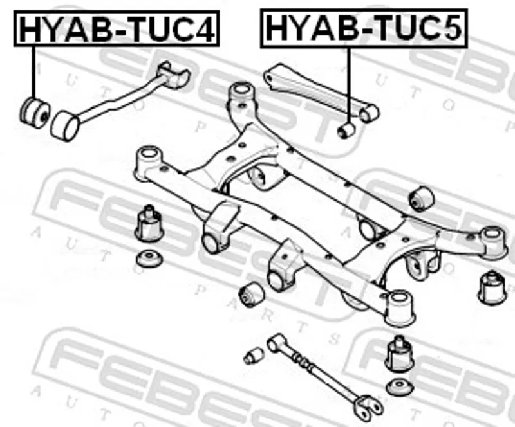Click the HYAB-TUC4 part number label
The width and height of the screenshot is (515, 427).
[117, 28]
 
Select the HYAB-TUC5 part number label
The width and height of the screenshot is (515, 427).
[364, 28]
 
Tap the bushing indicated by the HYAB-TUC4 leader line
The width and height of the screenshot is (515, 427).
[35, 113]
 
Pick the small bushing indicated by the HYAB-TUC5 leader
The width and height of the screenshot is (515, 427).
[346, 131]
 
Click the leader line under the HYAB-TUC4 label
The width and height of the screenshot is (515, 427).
[33, 71]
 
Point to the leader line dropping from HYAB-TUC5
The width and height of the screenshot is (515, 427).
[348, 86]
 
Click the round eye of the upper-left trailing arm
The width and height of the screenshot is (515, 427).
[66, 126]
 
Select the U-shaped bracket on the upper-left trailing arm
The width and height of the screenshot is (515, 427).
[174, 75]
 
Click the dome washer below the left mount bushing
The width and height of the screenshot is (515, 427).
[149, 259]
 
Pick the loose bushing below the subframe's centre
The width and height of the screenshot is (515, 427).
[252, 294]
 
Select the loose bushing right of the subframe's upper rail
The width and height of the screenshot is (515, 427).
[422, 198]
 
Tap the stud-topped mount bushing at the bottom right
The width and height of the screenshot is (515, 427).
[399, 354]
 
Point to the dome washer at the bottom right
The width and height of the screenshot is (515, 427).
[399, 387]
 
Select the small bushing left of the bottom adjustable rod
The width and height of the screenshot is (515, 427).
[254, 356]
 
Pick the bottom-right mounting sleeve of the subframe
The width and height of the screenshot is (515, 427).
[400, 308]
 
